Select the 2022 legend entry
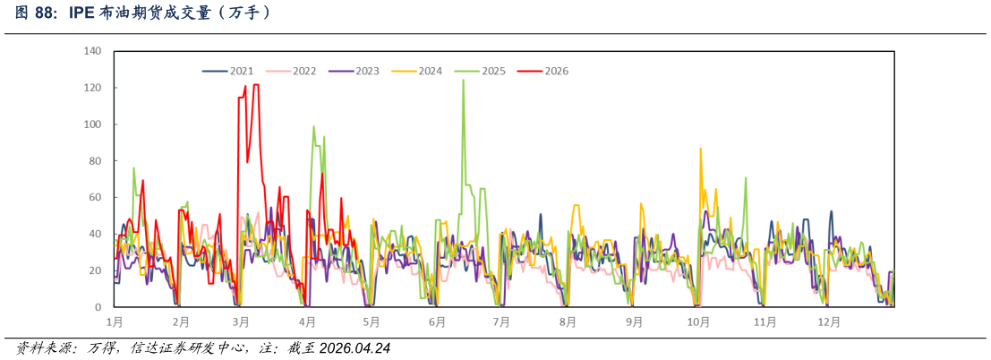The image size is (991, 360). click(x=291, y=72)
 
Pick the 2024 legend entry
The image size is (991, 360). click(x=417, y=72)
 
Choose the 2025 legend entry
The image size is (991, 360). click(x=481, y=72)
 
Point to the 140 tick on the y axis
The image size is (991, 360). click(x=93, y=51)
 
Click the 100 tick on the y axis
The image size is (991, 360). click(x=93, y=124)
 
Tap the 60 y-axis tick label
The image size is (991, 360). click(x=97, y=197)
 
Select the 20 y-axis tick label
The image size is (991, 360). click(x=97, y=270)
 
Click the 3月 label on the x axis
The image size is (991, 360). click(x=241, y=322)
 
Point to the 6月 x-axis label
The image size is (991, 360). click(x=437, y=322)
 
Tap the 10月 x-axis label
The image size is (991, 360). click(x=697, y=322)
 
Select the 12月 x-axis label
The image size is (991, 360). click(x=829, y=322)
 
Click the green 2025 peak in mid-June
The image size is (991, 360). click(x=463, y=81)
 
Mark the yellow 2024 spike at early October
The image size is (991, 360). click(x=700, y=150)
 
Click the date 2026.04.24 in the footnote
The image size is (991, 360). click(x=355, y=348)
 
